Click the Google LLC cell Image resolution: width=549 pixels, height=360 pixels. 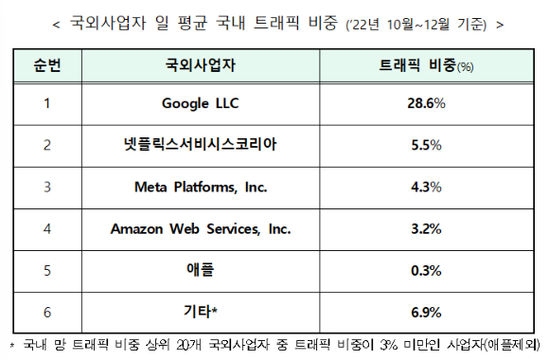point(201,104)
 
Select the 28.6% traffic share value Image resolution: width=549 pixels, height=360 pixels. point(426,103)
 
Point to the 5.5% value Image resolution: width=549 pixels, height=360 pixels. point(426,145)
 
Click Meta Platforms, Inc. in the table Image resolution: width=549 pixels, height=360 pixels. point(201,188)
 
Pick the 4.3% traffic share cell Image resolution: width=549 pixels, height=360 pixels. point(426,187)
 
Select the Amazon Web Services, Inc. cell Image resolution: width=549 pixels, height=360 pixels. point(201,229)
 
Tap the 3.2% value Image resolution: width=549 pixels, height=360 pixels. point(426,229)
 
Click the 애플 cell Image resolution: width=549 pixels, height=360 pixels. point(200,270)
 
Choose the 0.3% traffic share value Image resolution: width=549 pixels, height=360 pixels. point(426,271)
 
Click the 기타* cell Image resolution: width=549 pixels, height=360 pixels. point(201,312)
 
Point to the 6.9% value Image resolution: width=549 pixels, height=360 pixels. point(426,313)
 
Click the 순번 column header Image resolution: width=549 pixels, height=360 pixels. point(47,65)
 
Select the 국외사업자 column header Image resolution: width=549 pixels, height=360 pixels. point(201,65)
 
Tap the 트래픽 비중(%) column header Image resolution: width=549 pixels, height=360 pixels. point(426,65)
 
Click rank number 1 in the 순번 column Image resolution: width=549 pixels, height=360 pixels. point(47,103)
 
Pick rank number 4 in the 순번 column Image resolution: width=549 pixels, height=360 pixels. point(47,229)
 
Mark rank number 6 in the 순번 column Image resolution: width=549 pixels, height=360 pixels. point(47,313)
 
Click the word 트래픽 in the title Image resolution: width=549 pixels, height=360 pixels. point(276,23)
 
